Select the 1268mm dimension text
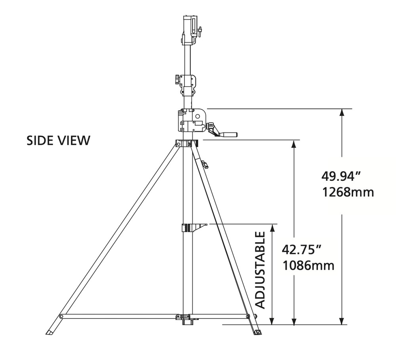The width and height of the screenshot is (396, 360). pyautogui.click(x=348, y=192)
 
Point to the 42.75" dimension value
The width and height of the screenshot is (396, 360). pyautogui.click(x=301, y=250)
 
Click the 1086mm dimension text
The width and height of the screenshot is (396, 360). pyautogui.click(x=308, y=265)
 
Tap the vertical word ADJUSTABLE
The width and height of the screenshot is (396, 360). pyautogui.click(x=261, y=270)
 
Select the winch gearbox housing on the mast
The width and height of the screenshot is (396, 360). pyautogui.click(x=192, y=120)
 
